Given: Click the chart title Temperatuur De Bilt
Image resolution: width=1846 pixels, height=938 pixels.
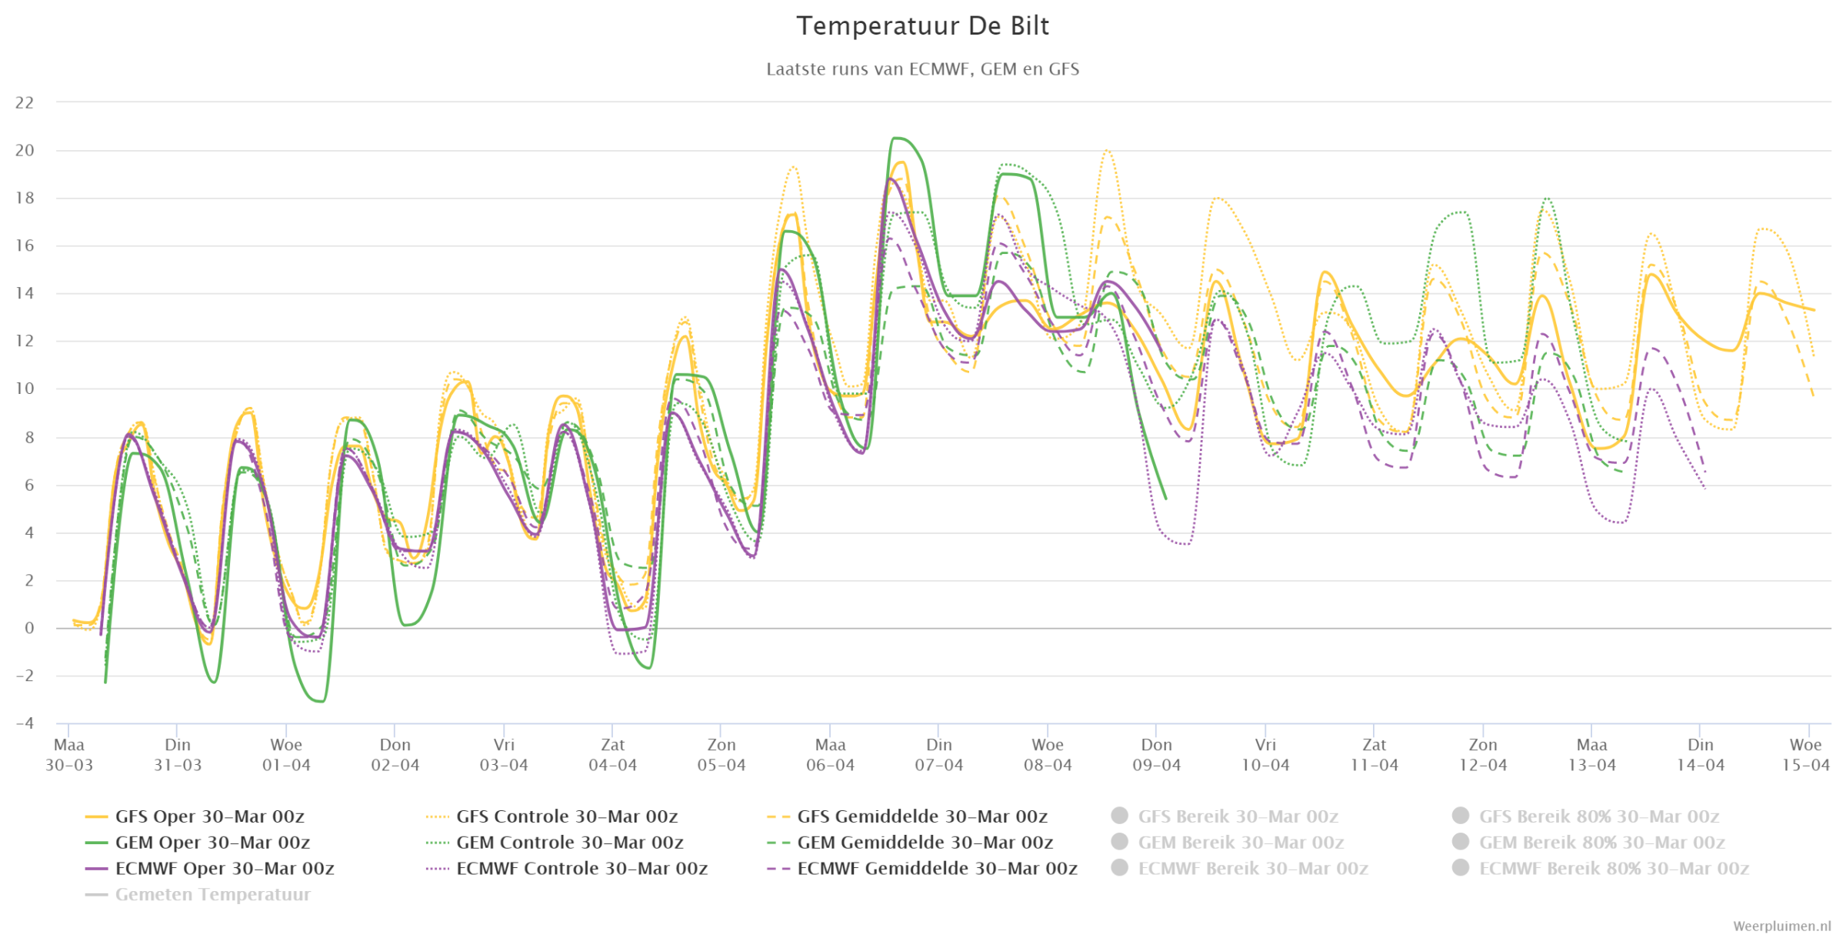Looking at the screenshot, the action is (x=922, y=26).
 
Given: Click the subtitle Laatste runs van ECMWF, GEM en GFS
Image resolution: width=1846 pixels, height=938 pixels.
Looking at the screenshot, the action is (x=922, y=69).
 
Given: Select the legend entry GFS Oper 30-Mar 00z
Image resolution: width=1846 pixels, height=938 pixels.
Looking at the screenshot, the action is (x=195, y=816).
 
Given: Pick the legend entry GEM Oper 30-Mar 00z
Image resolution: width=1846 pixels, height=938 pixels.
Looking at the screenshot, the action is (x=198, y=843).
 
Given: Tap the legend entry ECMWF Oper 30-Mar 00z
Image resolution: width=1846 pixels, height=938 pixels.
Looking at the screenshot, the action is (x=209, y=869).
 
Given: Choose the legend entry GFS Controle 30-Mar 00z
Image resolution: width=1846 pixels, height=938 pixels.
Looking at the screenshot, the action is (x=551, y=816).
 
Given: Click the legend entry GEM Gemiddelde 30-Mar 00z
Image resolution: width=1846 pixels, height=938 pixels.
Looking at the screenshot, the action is (x=910, y=843).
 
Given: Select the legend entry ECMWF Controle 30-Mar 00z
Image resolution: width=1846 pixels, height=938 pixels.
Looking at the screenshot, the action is (x=567, y=869).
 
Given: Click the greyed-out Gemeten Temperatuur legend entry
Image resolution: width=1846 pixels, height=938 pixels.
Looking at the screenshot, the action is (x=198, y=895).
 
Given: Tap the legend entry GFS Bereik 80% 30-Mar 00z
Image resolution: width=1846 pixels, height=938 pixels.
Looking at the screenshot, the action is (x=1585, y=816).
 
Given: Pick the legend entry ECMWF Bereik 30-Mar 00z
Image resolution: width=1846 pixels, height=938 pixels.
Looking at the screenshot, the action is (x=1240, y=869).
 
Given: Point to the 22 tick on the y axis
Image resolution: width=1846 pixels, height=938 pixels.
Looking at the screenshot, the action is (x=25, y=102).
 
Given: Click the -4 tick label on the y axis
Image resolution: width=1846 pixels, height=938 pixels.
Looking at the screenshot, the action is (x=25, y=723).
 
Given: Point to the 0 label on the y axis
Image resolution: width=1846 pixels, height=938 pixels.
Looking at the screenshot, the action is (x=29, y=628).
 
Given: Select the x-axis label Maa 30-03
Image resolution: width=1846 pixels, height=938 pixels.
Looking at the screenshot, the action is (x=69, y=755).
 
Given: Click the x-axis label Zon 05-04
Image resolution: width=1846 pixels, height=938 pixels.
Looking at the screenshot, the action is (x=721, y=755).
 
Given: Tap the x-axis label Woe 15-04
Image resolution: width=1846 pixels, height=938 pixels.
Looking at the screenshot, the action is (x=1806, y=755).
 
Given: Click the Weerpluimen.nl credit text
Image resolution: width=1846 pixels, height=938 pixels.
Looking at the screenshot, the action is (x=1781, y=926).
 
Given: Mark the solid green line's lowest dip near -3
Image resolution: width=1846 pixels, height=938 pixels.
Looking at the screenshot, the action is (x=320, y=701).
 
